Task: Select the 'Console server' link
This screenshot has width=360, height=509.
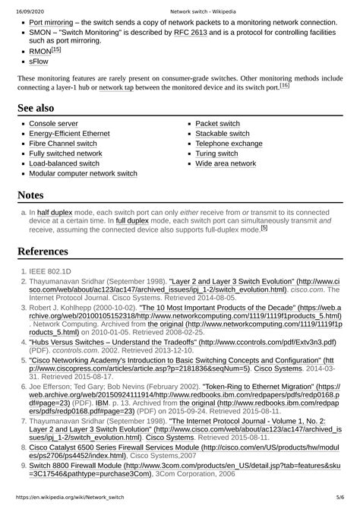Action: pos(53,123)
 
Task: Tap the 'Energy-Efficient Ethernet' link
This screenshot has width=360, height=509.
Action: pos(69,133)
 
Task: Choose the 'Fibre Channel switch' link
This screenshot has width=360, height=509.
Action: pos(63,143)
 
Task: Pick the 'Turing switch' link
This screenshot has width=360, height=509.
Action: pos(218,153)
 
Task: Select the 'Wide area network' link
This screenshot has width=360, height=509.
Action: pos(226,163)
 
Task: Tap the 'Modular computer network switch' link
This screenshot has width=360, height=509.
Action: pos(83,173)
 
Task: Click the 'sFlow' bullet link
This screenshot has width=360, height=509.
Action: pos(39,63)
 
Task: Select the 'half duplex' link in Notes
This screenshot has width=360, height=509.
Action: pos(55,213)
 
